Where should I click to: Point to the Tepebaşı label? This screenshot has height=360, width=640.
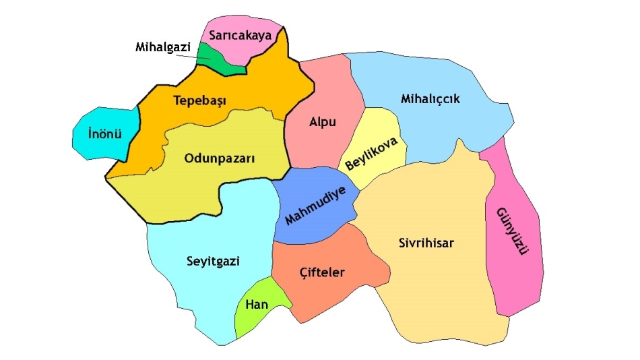199,101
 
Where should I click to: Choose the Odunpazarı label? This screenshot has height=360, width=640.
220,159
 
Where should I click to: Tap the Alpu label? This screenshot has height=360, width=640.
322,122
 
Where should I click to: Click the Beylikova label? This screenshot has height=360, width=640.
376,154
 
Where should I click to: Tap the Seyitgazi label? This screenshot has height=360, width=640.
212,261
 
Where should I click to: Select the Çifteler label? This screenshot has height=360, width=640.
321,273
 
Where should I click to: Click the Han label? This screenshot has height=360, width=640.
257,305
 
